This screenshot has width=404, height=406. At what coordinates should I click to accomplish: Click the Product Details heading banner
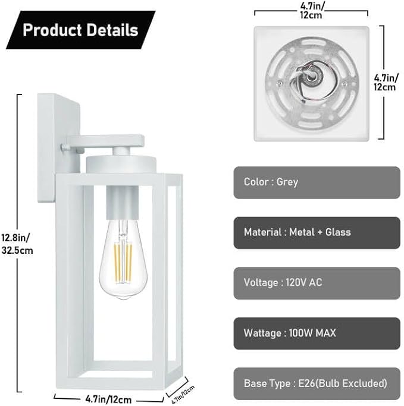[x=80, y=30]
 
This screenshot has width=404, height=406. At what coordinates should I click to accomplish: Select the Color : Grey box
[x=317, y=182]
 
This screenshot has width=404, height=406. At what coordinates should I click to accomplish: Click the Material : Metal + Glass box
[x=317, y=232]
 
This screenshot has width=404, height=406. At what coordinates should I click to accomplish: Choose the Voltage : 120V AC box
[x=317, y=282]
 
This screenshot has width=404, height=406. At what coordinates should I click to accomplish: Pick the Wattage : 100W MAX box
[x=317, y=333]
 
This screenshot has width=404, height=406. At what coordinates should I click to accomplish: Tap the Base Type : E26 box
[x=317, y=383]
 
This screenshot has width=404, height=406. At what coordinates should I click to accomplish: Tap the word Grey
[x=287, y=182]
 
